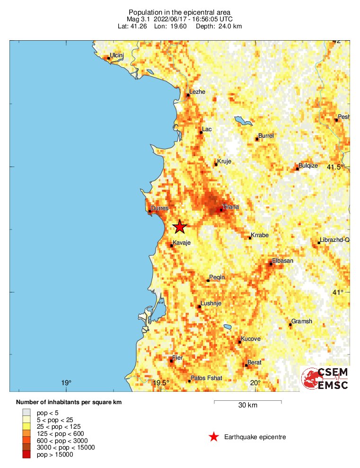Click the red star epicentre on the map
point(180,227)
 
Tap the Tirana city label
point(231,207)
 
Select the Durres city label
point(159,208)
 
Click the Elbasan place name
point(282,261)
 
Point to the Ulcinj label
point(116,55)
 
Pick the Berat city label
point(255,362)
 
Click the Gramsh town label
point(302,321)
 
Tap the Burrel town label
point(266,136)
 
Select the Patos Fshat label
point(206,378)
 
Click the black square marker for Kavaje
point(171,246)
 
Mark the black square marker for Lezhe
point(188,95)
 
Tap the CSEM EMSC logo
point(325,379)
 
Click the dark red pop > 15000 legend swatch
point(26,455)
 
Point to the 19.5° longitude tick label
point(161,383)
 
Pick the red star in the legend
point(214,437)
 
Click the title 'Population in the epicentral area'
point(180,12)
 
